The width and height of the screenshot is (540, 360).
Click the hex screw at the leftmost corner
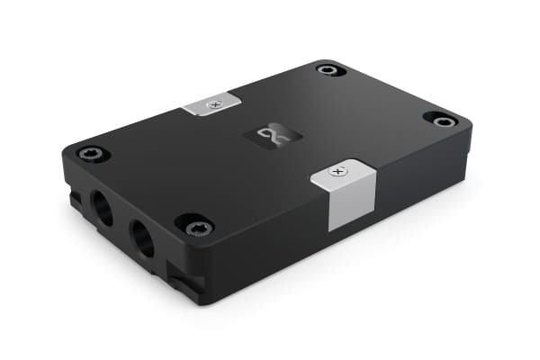click(92, 154)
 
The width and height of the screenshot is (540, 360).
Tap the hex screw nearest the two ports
click(195, 225)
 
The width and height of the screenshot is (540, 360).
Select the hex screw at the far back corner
click(328, 69)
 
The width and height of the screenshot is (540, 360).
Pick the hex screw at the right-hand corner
click(441, 120)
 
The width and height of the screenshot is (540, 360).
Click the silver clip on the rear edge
click(212, 104)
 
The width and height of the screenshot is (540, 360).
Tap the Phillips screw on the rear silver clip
click(213, 103)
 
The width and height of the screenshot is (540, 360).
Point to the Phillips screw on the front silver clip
click(337, 170)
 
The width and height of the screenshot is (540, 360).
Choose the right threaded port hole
click(143, 238)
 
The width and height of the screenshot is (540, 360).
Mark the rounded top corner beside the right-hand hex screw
click(464, 125)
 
